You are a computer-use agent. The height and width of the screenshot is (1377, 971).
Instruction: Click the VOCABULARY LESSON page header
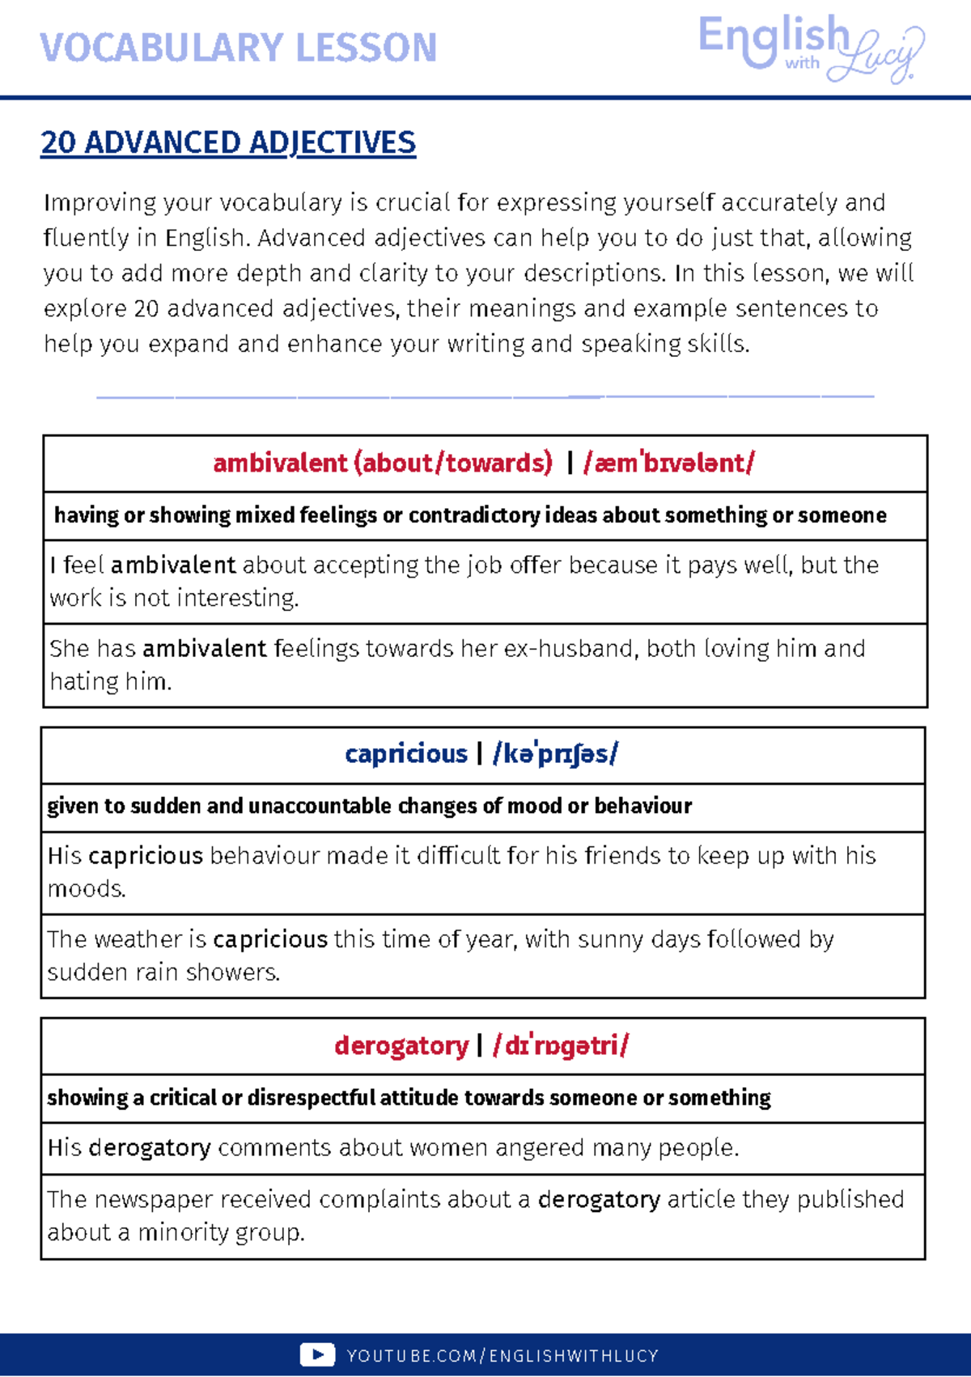[238, 48]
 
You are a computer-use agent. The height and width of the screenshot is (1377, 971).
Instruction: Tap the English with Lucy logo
[809, 49]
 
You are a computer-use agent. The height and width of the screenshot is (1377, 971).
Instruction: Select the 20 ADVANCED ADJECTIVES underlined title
[228, 142]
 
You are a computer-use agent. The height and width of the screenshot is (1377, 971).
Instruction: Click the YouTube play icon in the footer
[316, 1355]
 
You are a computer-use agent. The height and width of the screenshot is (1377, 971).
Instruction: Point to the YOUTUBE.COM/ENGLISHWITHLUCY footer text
[502, 1356]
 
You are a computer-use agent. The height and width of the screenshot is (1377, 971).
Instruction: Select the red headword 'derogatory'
[401, 1045]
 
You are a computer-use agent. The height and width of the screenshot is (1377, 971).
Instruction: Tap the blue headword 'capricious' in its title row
[405, 753]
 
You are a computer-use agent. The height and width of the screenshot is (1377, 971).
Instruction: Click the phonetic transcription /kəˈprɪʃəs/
[555, 753]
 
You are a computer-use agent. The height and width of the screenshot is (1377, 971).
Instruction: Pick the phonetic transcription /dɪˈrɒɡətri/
[561, 1045]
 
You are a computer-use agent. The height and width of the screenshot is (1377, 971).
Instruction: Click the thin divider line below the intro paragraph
[485, 396]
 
